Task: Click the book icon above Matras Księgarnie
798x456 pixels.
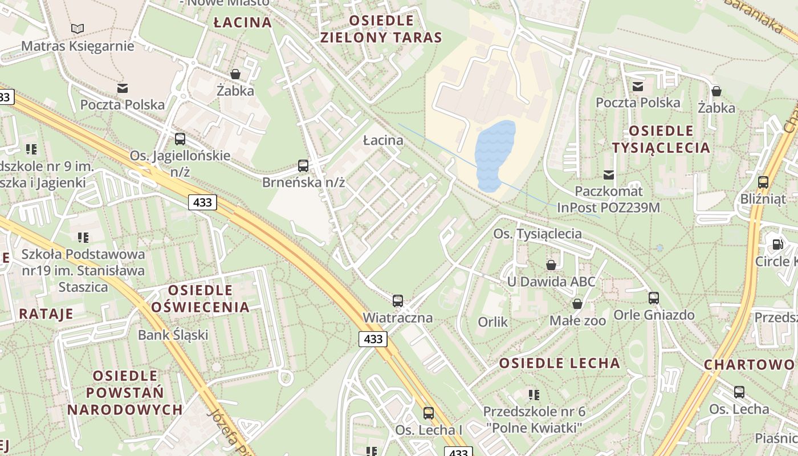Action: coord(78,28)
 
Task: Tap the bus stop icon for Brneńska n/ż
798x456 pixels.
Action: coord(303,166)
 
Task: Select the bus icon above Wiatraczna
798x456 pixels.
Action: coord(398,300)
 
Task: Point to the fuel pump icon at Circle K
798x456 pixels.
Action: coord(777,244)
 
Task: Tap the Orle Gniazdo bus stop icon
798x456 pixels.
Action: coord(653,298)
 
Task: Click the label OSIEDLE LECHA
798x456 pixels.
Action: coord(559,363)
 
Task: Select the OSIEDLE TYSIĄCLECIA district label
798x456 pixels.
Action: coord(661,139)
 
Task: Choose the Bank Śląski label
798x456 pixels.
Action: coord(173,335)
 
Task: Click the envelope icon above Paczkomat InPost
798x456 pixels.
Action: coord(609,174)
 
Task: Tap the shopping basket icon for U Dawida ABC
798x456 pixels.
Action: coord(551,264)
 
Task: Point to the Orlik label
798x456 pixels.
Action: coord(492,322)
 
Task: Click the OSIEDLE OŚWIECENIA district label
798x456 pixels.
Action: coord(200,299)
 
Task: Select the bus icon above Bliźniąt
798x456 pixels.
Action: coord(763,182)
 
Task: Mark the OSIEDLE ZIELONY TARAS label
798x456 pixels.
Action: coord(381,29)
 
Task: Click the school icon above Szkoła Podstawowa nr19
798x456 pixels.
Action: coord(83,237)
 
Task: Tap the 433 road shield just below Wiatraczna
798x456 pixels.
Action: coord(373,339)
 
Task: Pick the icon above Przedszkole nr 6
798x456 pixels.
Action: coord(534,394)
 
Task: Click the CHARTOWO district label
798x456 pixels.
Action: coord(748,364)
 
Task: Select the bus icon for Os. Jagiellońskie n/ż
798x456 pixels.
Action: coord(180,139)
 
